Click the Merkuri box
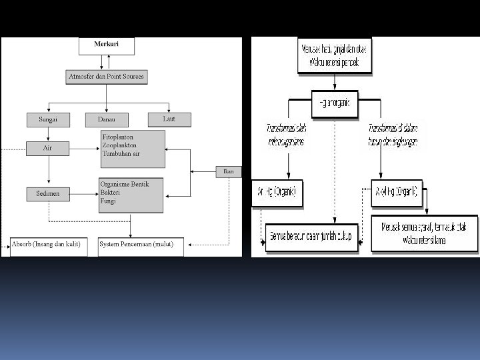[107, 46]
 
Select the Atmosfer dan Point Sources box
[106, 77]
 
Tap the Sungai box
[47, 120]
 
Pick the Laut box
[169, 119]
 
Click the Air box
[47, 148]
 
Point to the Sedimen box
[47, 194]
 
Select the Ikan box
[229, 171]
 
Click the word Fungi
[108, 200]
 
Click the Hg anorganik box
[335, 103]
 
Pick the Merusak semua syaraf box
[424, 233]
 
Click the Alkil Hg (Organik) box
[396, 192]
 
